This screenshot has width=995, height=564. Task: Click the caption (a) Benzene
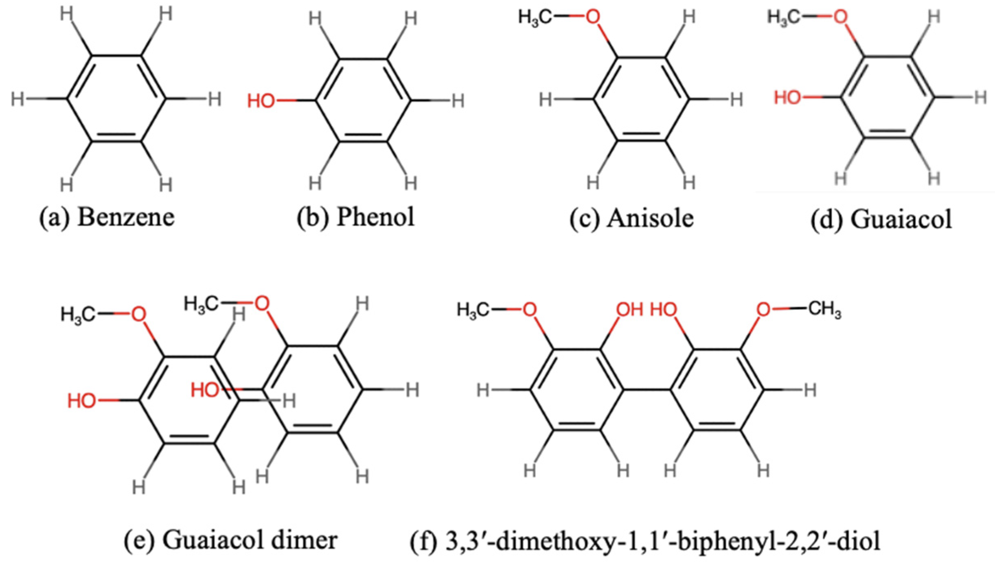pyautogui.click(x=107, y=217)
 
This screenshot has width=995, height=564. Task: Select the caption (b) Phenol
pyautogui.click(x=355, y=217)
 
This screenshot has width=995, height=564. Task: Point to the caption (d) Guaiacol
pyautogui.click(x=881, y=219)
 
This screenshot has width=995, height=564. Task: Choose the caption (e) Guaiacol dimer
pyautogui.click(x=230, y=541)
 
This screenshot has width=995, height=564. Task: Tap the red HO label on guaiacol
pyautogui.click(x=787, y=98)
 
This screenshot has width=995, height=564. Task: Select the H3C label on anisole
pyautogui.click(x=535, y=18)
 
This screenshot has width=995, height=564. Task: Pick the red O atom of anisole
pyautogui.click(x=593, y=17)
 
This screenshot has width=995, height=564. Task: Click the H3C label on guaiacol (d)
pyautogui.click(x=783, y=18)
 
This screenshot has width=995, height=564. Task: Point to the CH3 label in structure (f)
pyautogui.click(x=824, y=310)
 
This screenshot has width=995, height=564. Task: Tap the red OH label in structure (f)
pyautogui.click(x=629, y=310)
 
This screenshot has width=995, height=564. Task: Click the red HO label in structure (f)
pyautogui.click(x=664, y=310)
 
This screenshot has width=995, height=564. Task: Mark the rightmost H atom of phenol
pyautogui.click(x=458, y=101)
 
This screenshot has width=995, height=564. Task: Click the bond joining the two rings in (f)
pyautogui.click(x=647, y=390)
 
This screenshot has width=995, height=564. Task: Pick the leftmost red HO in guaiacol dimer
pyautogui.click(x=81, y=401)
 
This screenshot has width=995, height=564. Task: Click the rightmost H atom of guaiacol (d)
pyautogui.click(x=980, y=98)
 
